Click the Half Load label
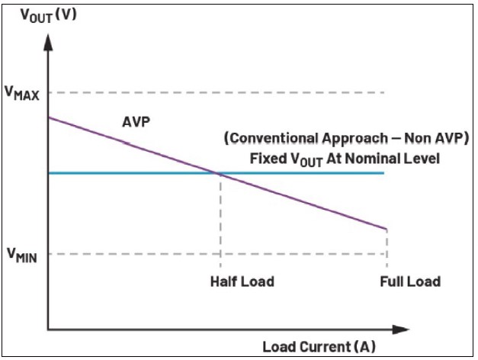tap(242, 281)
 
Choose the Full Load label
tap(409, 281)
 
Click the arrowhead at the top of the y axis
tap(48, 39)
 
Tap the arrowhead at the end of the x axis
tap(400, 330)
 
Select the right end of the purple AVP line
tap(387, 228)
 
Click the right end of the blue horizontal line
tap(383, 173)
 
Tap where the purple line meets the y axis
tap(49, 117)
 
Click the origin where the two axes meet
tap(48, 330)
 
